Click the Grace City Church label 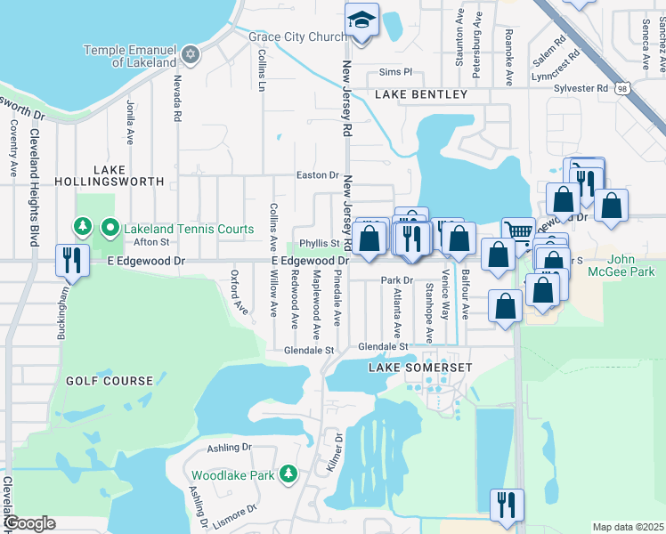(x=297, y=37)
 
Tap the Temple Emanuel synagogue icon (x=189, y=56)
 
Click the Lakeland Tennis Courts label (x=188, y=229)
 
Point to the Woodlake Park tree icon (x=288, y=475)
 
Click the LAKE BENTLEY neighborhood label (x=420, y=94)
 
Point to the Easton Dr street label (x=318, y=175)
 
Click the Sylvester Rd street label (x=580, y=88)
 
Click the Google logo (x=29, y=523)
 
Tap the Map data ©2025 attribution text (x=629, y=527)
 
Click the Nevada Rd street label (x=177, y=99)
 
